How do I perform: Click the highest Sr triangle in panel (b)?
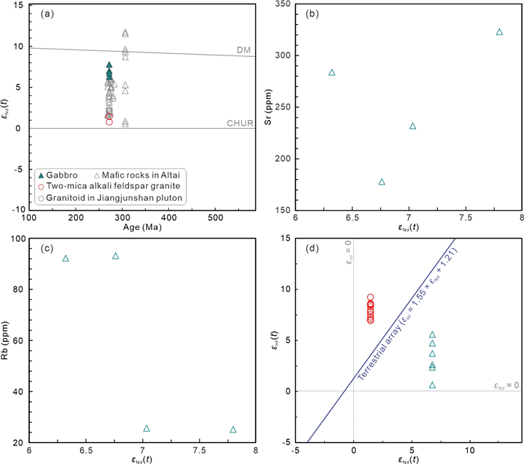coord(499,31)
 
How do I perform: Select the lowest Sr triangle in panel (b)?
coord(382,182)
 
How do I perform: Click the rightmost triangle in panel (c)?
coord(233,430)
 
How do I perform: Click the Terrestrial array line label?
coord(412,319)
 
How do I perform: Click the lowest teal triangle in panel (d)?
coord(432,385)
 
